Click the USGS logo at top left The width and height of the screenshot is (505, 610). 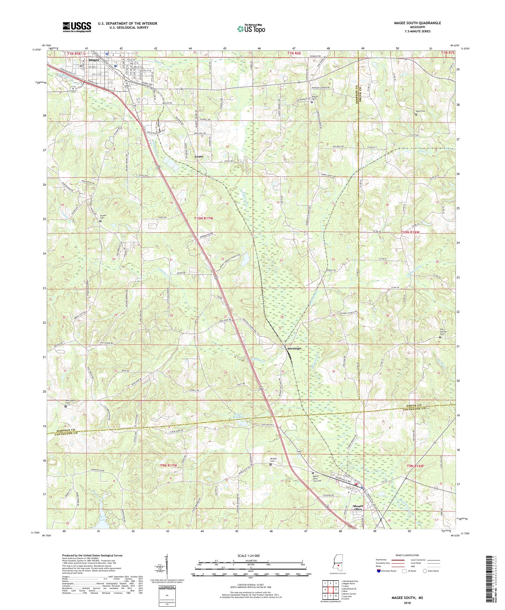(77, 27)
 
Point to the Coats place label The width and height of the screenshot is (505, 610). (199, 156)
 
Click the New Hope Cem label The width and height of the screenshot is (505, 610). (70, 402)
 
